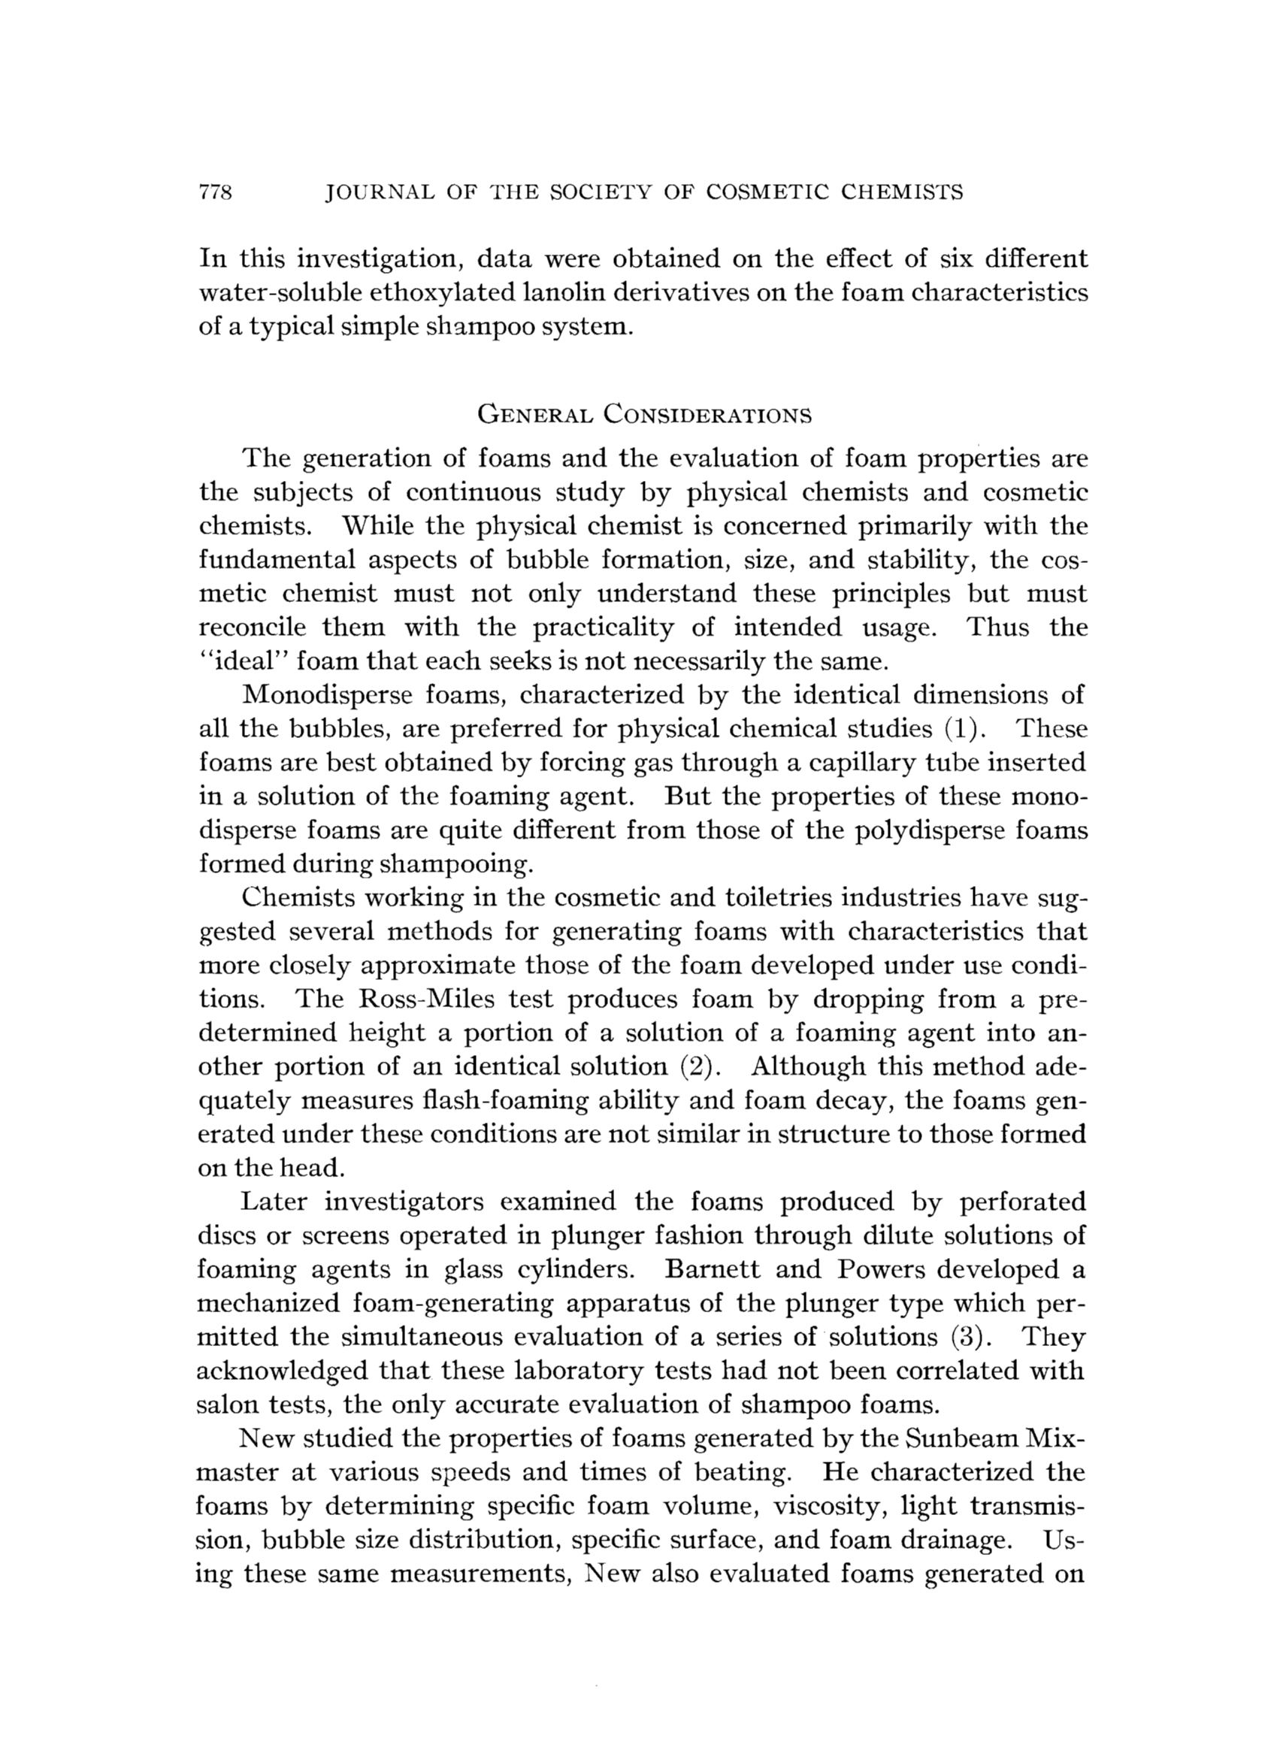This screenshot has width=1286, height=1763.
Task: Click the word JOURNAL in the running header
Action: [x=372, y=192]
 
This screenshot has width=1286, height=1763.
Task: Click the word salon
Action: [x=225, y=1405]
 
